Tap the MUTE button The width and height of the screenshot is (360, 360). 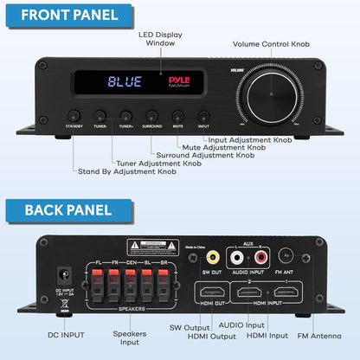[178, 113]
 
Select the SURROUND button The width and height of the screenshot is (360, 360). [152, 113]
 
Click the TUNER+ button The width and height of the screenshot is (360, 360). [126, 113]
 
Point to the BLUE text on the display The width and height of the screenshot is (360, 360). [126, 83]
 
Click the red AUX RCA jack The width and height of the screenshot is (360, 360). [260, 257]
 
